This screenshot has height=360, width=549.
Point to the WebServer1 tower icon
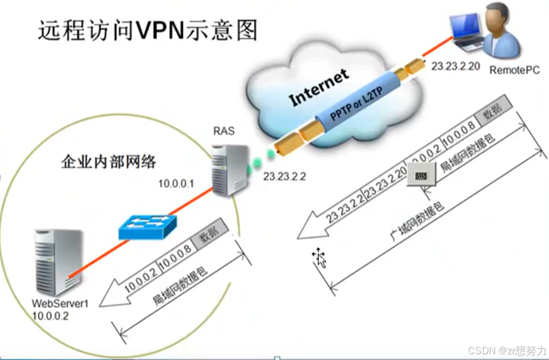click(58, 261)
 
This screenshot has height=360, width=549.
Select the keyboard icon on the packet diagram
click(421, 174)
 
